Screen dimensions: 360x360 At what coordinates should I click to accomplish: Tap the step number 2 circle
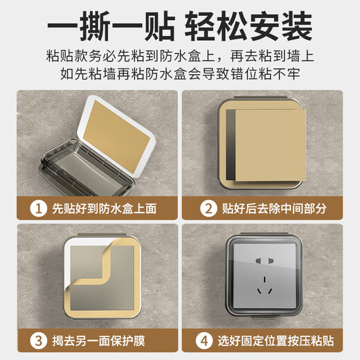coord(207,207)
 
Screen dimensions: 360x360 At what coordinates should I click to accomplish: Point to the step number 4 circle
coord(207,341)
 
